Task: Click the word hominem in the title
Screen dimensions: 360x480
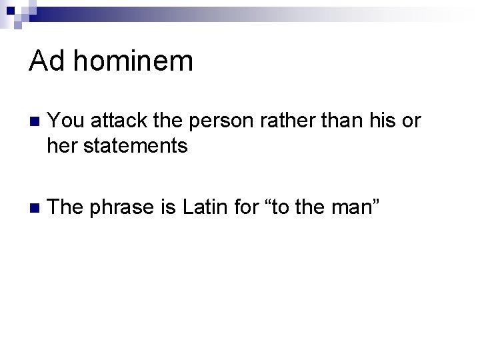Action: (x=133, y=62)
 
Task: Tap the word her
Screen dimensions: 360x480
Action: (x=61, y=145)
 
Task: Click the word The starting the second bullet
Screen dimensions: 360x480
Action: (x=66, y=207)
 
